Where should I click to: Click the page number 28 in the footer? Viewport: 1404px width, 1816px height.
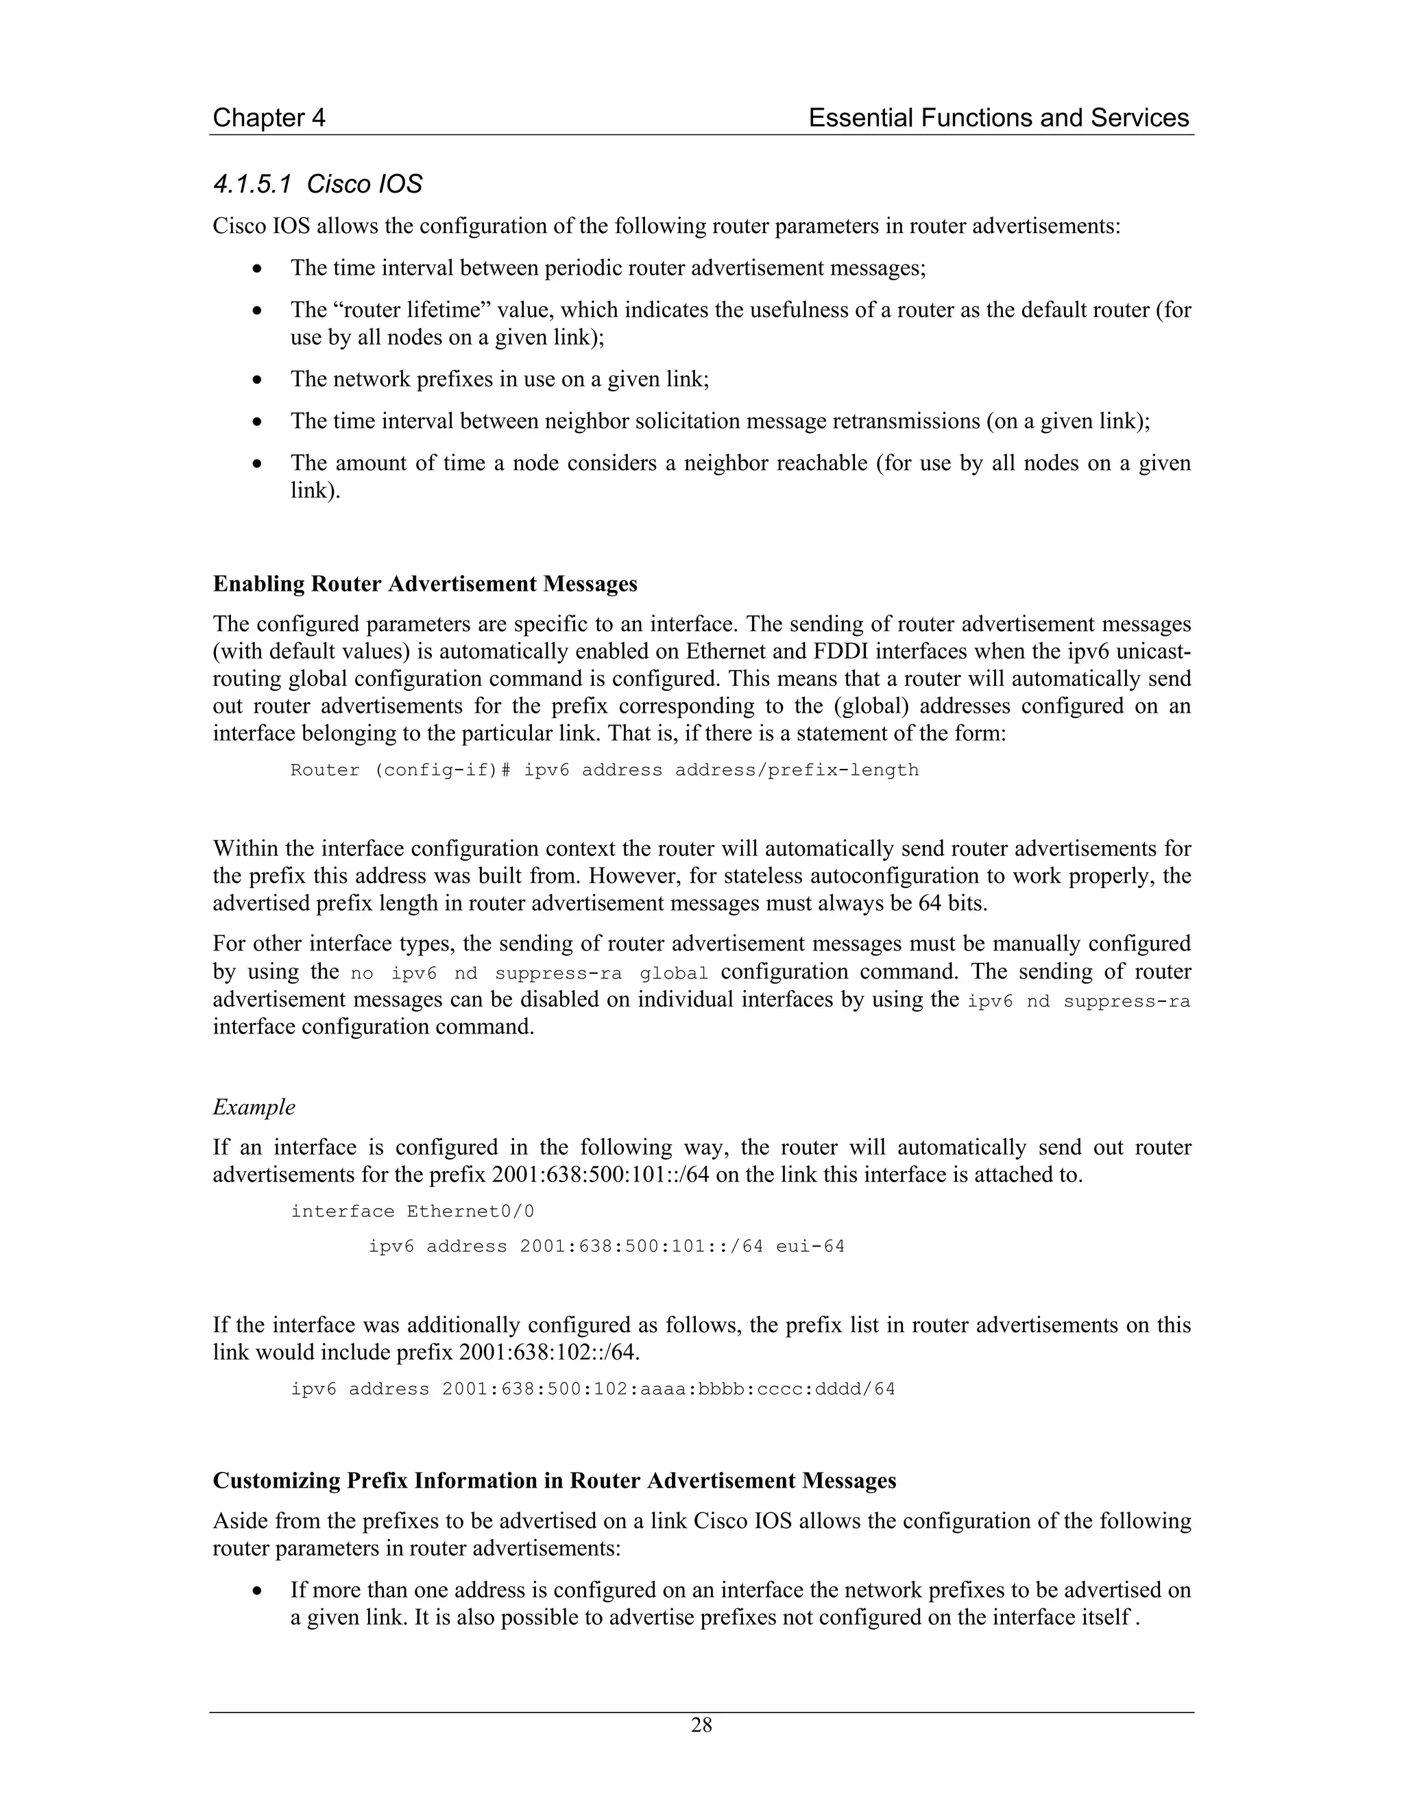[701, 1726]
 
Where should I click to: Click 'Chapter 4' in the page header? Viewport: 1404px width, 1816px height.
[269, 118]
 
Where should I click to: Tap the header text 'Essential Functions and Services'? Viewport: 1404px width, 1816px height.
[998, 118]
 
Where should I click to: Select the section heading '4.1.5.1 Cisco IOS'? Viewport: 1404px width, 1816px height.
[317, 184]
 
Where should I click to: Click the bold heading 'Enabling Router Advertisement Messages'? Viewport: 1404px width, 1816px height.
[425, 584]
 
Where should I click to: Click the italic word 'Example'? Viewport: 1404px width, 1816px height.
[254, 1107]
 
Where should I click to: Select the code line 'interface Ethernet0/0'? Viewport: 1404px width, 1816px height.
[412, 1212]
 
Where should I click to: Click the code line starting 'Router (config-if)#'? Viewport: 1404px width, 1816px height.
[604, 770]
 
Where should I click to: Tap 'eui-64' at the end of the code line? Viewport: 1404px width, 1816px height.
[810, 1247]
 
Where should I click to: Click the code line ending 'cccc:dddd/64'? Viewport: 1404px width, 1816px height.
[592, 1388]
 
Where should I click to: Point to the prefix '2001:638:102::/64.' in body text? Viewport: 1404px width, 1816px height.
[549, 1352]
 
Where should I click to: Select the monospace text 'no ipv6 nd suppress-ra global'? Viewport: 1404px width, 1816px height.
[529, 973]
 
